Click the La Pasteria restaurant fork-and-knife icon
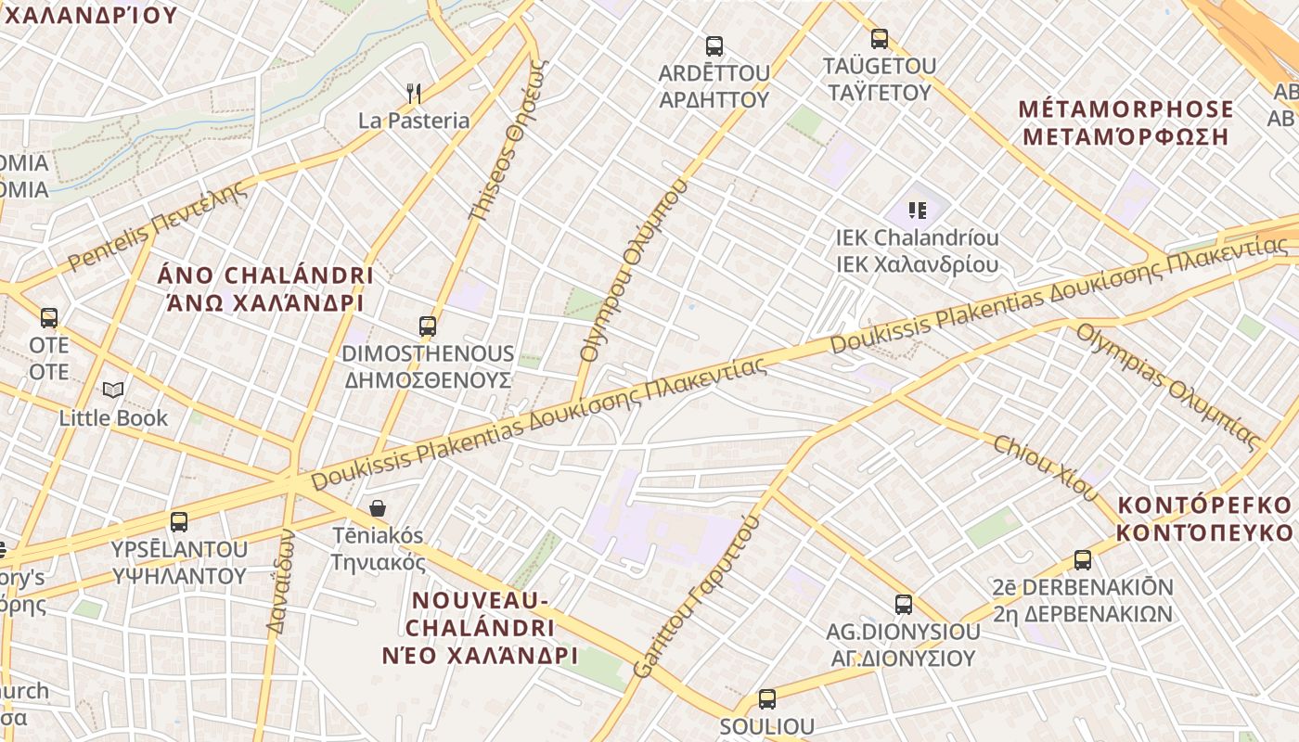pos(414,93)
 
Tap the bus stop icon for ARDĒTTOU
pos(714,46)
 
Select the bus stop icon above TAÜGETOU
pos(880,39)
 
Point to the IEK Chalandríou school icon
pos(918,211)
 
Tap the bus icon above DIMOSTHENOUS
pos(427,326)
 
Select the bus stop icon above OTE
pos(49,318)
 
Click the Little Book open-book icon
pos(113,390)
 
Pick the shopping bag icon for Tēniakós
pos(378,508)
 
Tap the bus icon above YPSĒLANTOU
pos(179,522)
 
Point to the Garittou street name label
pos(696,596)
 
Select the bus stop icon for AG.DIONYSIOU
pos(903,605)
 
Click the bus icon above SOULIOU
pos(766,699)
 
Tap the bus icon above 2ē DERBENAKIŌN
pos(1082,560)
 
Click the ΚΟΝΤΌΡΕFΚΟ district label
pos(1204,518)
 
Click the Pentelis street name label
pos(158,225)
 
